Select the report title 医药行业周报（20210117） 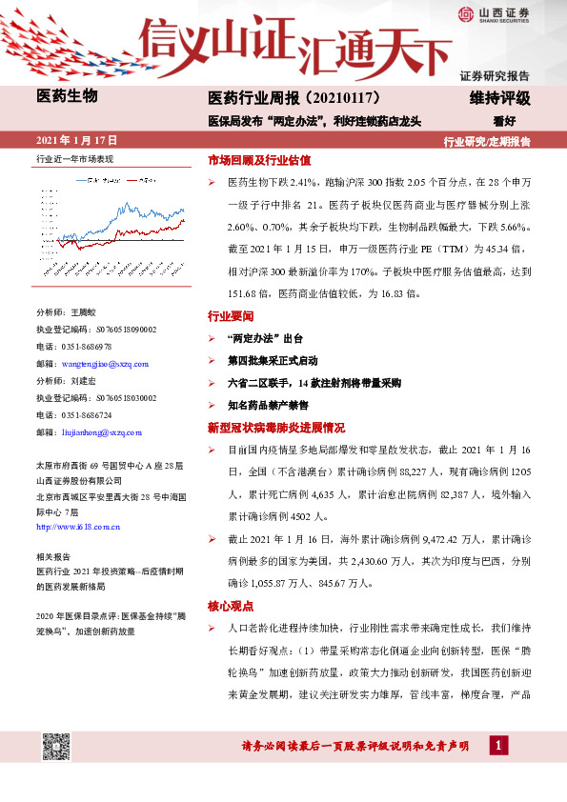[294, 98]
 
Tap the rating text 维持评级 [499, 98]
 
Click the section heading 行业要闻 [231, 315]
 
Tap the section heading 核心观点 [231, 607]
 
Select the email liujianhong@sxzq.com [100, 432]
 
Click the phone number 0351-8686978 [87, 347]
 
